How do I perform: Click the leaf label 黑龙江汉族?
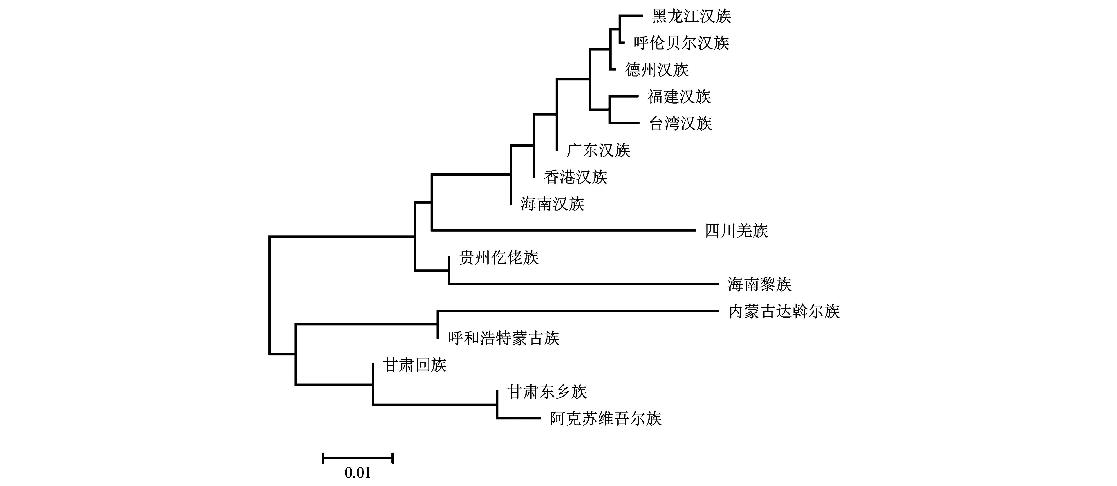[692, 17]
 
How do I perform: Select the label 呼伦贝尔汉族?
[681, 43]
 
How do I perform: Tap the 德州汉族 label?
[657, 70]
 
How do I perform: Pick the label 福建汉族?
[679, 97]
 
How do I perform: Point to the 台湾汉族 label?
[680, 124]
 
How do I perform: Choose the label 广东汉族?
[598, 151]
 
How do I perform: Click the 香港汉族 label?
[575, 177]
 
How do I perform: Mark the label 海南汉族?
[552, 204]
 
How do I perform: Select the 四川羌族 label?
[736, 231]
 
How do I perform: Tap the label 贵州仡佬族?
[499, 258]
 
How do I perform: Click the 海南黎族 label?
[759, 285]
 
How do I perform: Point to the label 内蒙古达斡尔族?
[784, 312]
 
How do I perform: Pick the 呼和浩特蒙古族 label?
[503, 338]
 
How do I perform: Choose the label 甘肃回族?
[415, 365]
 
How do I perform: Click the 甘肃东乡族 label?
[547, 392]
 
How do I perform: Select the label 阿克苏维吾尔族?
[605, 419]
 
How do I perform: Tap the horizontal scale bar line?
[358, 458]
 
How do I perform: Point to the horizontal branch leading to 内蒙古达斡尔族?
[577, 311]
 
